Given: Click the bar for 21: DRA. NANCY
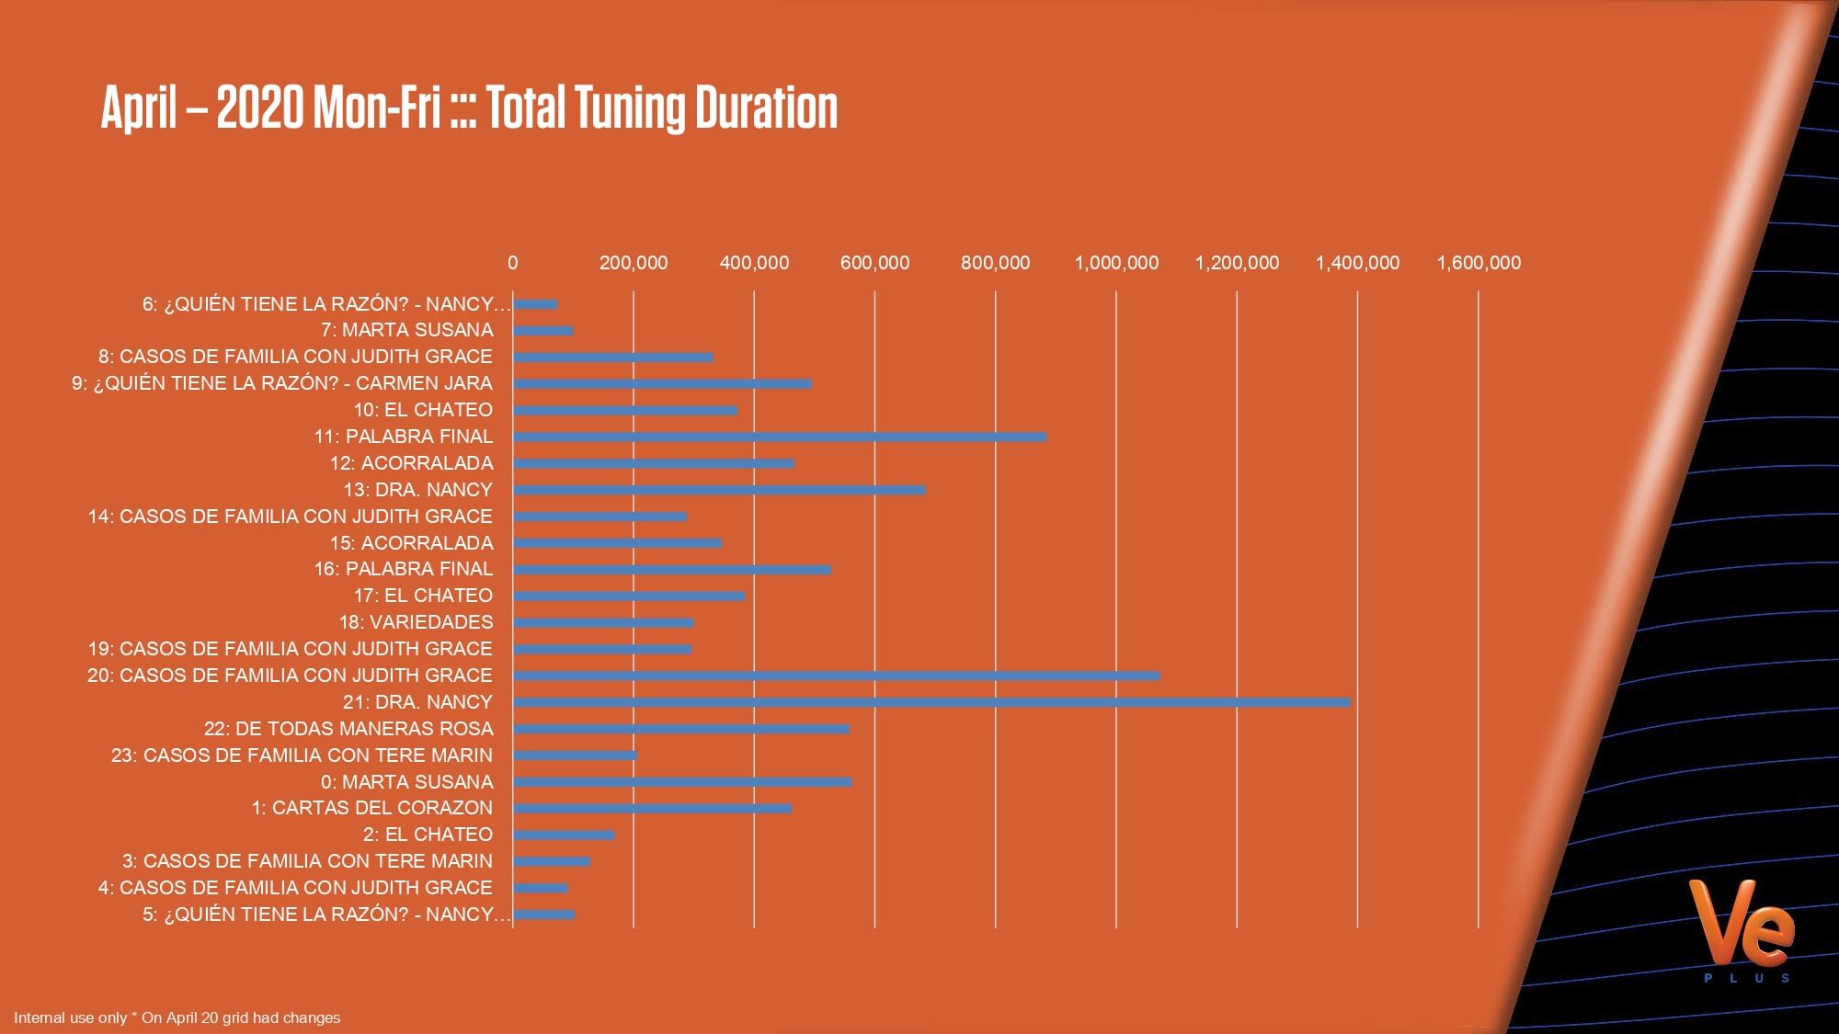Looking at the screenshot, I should tap(931, 703).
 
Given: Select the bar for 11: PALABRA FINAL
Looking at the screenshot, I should tap(780, 437).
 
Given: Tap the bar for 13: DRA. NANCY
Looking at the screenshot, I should tap(719, 491).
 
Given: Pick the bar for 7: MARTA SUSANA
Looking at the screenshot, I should tap(543, 331).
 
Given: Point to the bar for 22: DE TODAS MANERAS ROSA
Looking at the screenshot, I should tap(681, 730).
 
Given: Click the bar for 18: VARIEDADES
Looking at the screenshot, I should tap(603, 623).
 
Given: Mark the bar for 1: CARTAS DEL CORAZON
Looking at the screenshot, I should tap(652, 809).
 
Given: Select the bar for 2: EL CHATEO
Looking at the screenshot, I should tap(564, 835).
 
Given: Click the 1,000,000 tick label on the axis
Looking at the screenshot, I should tap(1116, 263).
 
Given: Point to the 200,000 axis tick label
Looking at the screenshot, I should tap(634, 263).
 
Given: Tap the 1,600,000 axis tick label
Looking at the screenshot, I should tap(1479, 263).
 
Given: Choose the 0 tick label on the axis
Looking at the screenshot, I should tap(512, 263).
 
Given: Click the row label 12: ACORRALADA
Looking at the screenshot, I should tap(411, 463).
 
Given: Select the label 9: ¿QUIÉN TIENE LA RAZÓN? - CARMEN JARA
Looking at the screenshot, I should tap(282, 383).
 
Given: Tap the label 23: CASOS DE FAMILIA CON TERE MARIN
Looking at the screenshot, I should tap(302, 756).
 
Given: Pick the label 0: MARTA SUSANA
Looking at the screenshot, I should tap(406, 782).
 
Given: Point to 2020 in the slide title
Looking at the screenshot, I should tap(259, 108).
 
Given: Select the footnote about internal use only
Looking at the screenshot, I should tap(177, 1017).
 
